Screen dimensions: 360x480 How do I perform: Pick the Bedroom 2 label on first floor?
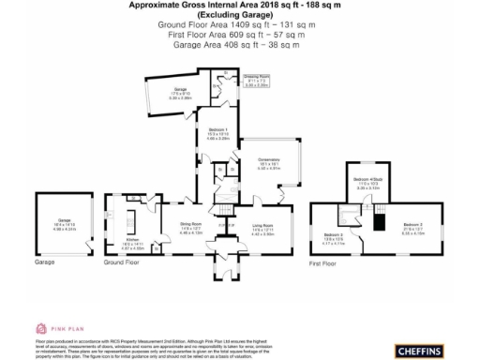pyautogui.click(x=334, y=238)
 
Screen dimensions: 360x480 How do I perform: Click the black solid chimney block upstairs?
pyautogui.click(x=380, y=221)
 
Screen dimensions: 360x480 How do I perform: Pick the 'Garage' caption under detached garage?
pyautogui.click(x=45, y=264)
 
